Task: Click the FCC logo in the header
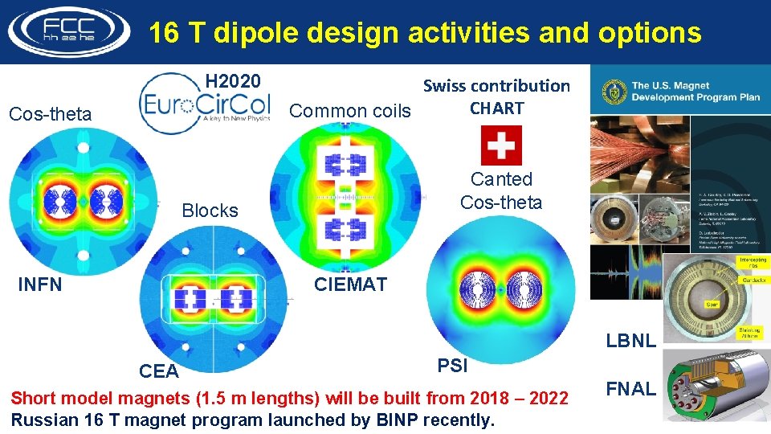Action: click(68, 32)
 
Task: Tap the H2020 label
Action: click(232, 81)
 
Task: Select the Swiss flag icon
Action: click(500, 145)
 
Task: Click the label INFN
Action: click(39, 285)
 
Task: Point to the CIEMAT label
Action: click(350, 285)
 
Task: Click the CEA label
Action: click(158, 371)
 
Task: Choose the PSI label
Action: click(452, 366)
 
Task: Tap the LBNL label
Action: click(630, 341)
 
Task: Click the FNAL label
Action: click(630, 389)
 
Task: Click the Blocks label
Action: click(210, 211)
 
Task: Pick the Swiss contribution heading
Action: click(496, 85)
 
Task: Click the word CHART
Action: click(496, 108)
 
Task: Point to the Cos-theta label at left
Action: click(50, 114)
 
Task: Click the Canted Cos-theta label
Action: click(501, 191)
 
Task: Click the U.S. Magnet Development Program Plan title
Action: click(696, 91)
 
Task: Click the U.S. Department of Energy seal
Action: click(612, 91)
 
